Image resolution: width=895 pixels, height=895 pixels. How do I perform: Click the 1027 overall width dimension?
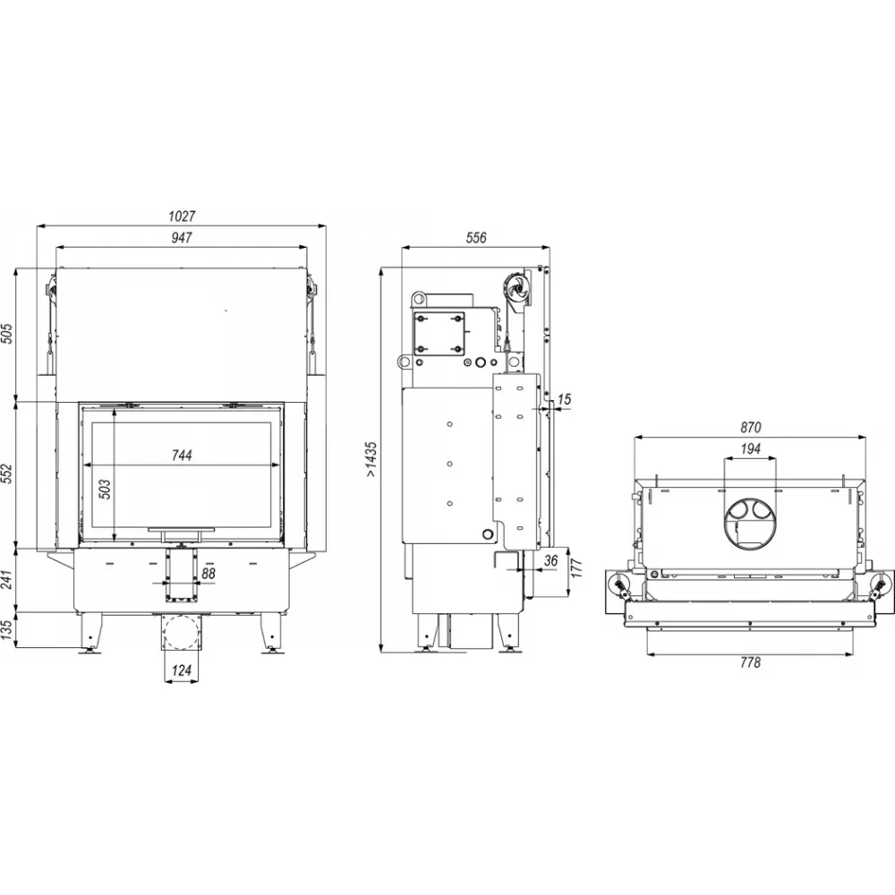click(x=182, y=217)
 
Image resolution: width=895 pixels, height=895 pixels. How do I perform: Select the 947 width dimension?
click(x=182, y=237)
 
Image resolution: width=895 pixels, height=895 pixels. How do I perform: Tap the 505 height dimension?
click(x=7, y=334)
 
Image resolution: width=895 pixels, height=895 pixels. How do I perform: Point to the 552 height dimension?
click(x=7, y=473)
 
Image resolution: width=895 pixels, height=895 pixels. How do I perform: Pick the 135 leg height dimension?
click(x=7, y=631)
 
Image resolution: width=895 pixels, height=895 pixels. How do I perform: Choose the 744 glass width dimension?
click(x=182, y=455)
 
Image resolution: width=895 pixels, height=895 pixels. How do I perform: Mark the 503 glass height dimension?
click(x=106, y=490)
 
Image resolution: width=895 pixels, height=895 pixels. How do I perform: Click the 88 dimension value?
click(x=209, y=573)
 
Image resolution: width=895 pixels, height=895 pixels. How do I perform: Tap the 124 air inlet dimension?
click(x=182, y=670)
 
